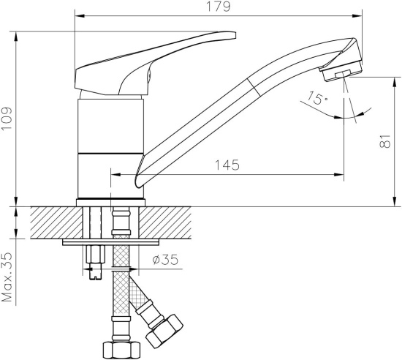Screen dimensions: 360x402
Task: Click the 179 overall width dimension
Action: tap(220, 7)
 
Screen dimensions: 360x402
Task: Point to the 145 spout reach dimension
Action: tap(227, 165)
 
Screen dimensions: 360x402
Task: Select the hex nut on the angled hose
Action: tap(164, 331)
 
